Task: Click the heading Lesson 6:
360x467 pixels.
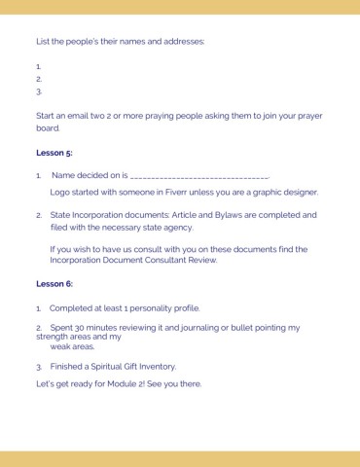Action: coord(54,283)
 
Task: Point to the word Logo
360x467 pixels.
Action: coord(60,193)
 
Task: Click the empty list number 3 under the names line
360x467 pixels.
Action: coord(39,91)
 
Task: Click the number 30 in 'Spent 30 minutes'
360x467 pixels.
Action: coord(81,328)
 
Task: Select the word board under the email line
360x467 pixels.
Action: coord(47,127)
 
